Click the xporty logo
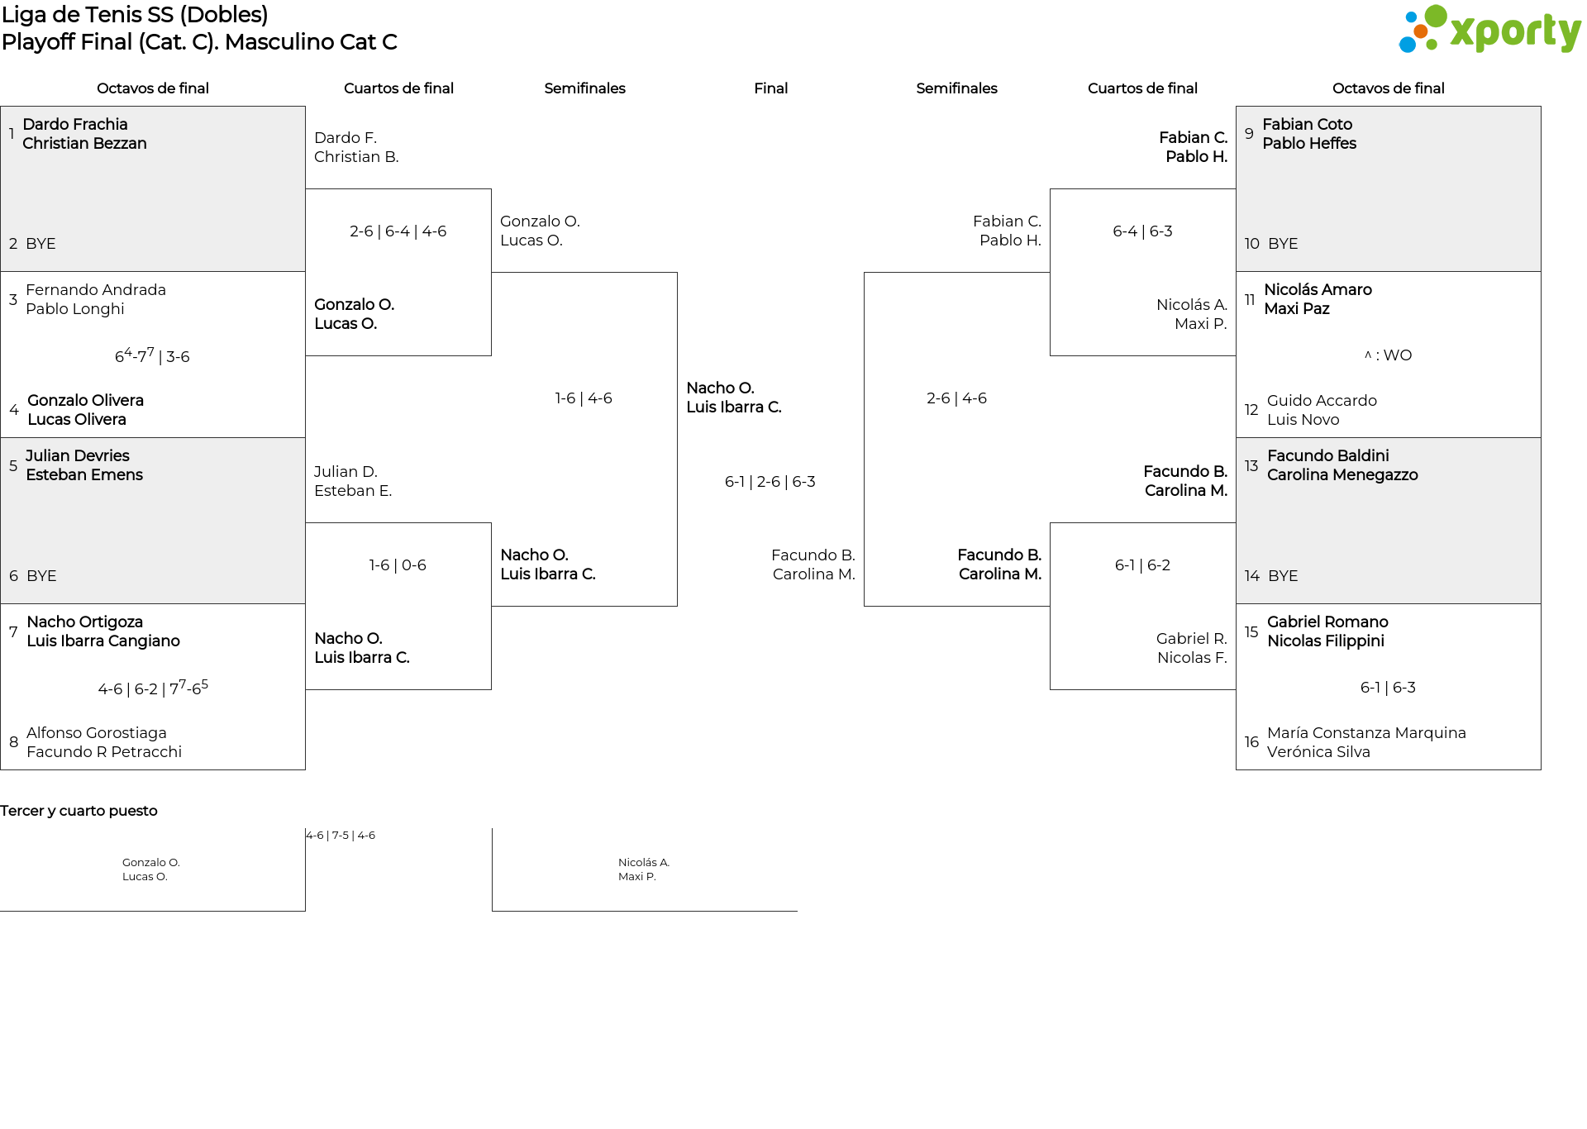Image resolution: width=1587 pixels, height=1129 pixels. pos(1489,30)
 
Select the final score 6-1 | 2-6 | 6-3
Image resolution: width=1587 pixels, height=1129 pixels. pos(770,482)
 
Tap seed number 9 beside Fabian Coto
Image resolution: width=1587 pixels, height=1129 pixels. pos(1249,133)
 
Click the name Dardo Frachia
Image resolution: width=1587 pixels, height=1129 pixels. pos(75,124)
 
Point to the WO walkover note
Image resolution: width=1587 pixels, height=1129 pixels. pos(1388,355)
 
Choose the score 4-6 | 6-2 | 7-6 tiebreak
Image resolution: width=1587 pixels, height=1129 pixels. pos(153,688)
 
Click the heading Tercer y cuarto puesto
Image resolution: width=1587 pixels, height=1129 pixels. pos(79,811)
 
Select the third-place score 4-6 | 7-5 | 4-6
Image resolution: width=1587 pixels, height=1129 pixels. pos(341,836)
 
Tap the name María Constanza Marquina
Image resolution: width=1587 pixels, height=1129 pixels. pos(1366,733)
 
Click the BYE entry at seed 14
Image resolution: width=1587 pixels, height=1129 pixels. pos(1283,576)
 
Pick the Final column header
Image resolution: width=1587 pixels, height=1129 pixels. pos(770,88)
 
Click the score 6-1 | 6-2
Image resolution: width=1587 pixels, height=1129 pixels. pos(1142,565)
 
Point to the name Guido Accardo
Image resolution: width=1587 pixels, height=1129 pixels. pos(1322,401)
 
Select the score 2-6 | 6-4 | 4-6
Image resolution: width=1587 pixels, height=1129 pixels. pos(398,231)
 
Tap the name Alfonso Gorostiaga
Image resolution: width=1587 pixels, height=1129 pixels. pos(97,733)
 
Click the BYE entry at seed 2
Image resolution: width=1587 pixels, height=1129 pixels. pos(41,244)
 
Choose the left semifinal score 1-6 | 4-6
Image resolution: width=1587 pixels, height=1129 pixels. pos(584,398)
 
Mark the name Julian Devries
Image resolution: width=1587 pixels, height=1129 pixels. pos(78,455)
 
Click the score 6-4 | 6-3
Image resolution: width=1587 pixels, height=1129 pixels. pos(1142,231)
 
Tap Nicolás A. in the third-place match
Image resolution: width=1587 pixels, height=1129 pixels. pos(644,863)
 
